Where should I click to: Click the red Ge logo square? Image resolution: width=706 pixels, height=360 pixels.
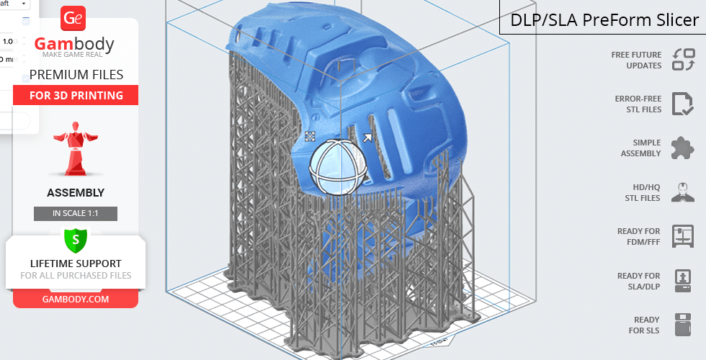tap(73, 18)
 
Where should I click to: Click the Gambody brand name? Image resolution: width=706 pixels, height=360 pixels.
tap(74, 44)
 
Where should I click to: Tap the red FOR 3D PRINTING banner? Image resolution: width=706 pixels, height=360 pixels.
tap(76, 95)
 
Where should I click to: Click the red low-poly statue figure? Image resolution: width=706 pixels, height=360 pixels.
tap(76, 148)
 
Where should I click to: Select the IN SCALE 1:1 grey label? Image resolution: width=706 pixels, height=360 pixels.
tap(76, 213)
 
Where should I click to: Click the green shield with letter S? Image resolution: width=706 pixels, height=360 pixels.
tap(76, 239)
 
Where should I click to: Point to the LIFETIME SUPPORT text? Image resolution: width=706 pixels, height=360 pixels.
tap(76, 264)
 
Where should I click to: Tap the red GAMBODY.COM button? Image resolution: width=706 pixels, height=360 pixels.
tap(76, 300)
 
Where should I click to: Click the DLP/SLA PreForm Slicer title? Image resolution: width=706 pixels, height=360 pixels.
tap(604, 20)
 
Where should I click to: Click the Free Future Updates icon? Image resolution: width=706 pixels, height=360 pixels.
tap(684, 60)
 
